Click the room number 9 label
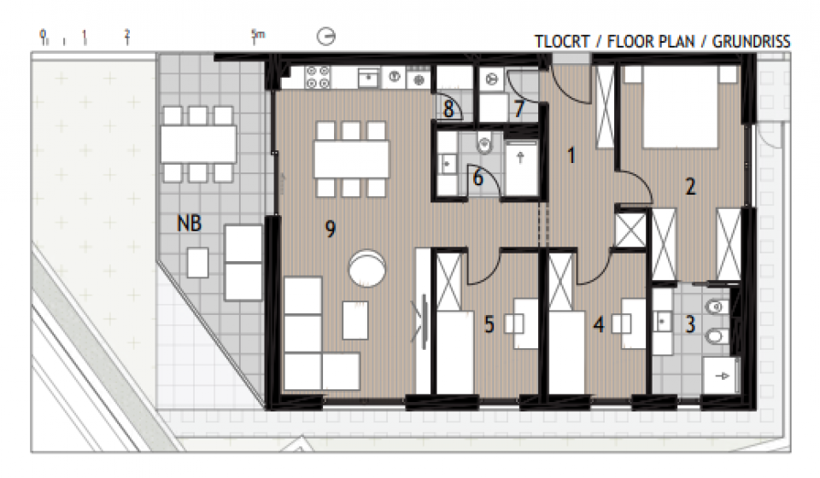point(330,229)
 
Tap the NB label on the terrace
point(190,224)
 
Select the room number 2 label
point(690,186)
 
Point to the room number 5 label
point(489,324)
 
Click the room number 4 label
point(599,324)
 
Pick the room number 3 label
point(690,324)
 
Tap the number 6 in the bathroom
point(478,178)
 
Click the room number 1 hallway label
point(571,155)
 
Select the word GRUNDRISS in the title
point(751,41)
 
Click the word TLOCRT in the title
point(562,41)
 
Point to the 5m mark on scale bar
point(258,36)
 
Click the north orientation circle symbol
point(326,37)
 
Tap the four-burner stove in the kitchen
point(318,77)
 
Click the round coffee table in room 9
point(367,268)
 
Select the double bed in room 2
point(680,107)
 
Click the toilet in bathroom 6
point(485,142)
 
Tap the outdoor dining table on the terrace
point(198,144)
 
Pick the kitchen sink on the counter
point(369,78)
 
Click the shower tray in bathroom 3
point(721,376)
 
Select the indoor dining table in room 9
point(351,160)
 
